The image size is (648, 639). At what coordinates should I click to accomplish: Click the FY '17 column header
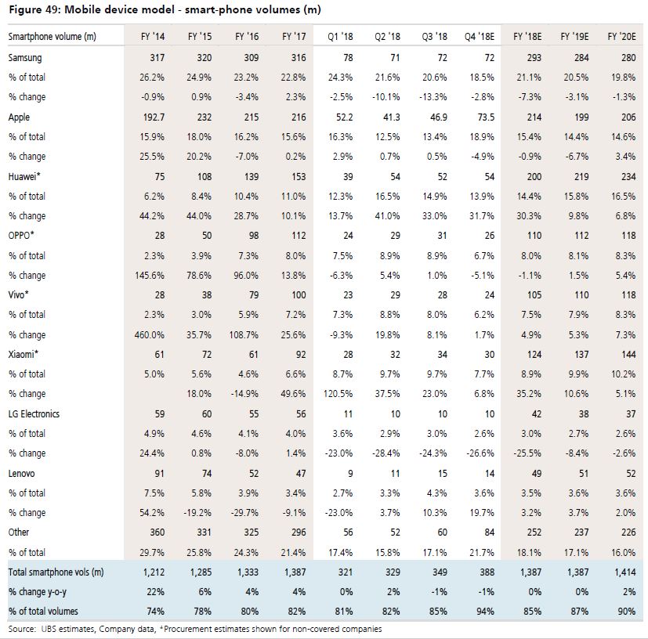click(294, 37)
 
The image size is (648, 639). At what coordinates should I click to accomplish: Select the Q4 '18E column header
click(480, 37)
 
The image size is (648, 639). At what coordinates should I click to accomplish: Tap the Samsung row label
click(25, 58)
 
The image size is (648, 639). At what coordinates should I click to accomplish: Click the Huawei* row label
click(24, 176)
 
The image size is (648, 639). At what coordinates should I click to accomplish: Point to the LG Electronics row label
click(34, 414)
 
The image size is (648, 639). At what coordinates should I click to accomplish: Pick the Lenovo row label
click(21, 473)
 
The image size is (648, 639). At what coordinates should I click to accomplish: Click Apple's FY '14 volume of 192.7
click(154, 117)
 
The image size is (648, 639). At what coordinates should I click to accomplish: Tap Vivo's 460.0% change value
click(149, 334)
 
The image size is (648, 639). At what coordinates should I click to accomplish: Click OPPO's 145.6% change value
click(149, 275)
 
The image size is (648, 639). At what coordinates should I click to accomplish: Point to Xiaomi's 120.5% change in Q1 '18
click(338, 394)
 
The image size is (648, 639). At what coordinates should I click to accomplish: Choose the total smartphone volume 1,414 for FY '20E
click(624, 572)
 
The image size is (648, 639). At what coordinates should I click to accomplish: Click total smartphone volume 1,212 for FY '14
click(154, 572)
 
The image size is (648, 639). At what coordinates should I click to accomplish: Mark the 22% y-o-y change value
click(155, 592)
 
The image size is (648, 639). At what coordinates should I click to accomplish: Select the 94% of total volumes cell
click(485, 612)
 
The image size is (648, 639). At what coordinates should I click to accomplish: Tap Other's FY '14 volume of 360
click(157, 532)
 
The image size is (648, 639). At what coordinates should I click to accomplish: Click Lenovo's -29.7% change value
click(244, 513)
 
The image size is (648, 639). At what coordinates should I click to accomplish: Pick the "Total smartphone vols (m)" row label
click(56, 572)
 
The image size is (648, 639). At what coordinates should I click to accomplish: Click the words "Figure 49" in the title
click(34, 9)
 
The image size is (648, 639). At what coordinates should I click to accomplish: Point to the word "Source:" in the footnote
click(22, 629)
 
